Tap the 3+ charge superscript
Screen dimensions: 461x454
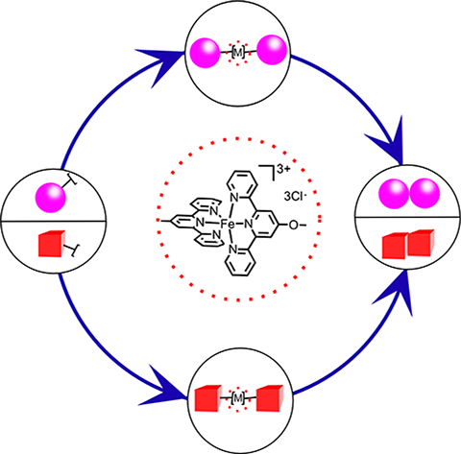(283, 170)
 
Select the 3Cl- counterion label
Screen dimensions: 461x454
(295, 197)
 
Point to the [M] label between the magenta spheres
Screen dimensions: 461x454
(237, 53)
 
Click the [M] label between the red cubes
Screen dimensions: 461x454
(237, 398)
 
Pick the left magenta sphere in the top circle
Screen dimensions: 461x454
(205, 53)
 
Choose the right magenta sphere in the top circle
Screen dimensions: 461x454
(272, 51)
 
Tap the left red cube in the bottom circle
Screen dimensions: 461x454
(208, 398)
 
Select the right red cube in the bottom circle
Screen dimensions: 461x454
(270, 397)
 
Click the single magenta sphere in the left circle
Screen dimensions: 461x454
(50, 197)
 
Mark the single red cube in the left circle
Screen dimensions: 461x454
(52, 244)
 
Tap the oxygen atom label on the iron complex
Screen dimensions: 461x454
(293, 226)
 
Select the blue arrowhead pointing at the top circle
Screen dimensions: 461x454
(161, 64)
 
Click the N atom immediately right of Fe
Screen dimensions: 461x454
(249, 225)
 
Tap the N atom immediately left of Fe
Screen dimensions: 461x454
(200, 222)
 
